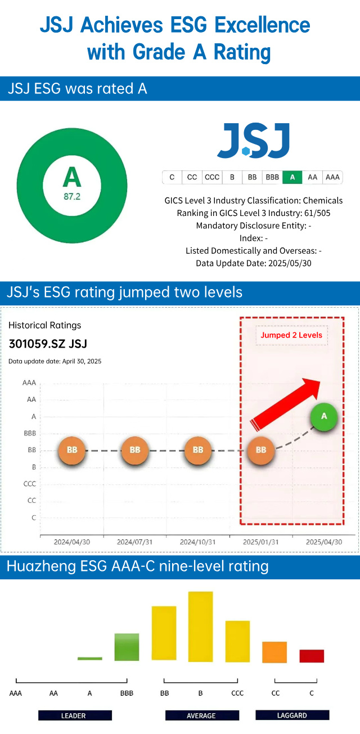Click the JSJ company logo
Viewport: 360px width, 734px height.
coord(253,141)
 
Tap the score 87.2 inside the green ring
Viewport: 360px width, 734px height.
coord(71,197)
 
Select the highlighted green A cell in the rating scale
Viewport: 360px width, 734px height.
coord(292,177)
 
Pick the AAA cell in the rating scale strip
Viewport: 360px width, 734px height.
coord(332,177)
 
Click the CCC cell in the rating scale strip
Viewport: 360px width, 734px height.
coord(212,177)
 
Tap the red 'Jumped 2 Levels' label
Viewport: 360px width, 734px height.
coord(291,335)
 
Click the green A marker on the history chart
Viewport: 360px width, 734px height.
coord(323,417)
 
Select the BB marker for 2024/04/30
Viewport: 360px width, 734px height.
coord(72,450)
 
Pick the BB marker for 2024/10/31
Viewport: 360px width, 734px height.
coord(198,450)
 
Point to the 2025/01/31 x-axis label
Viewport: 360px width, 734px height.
coord(260,542)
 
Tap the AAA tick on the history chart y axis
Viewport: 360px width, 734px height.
coord(29,382)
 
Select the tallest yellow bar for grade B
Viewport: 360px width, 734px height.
coord(200,625)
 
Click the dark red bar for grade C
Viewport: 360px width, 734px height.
coord(312,656)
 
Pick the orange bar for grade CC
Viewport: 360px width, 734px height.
coord(274,652)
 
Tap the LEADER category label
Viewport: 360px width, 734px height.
coord(74,715)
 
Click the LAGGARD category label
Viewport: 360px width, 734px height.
coord(292,715)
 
